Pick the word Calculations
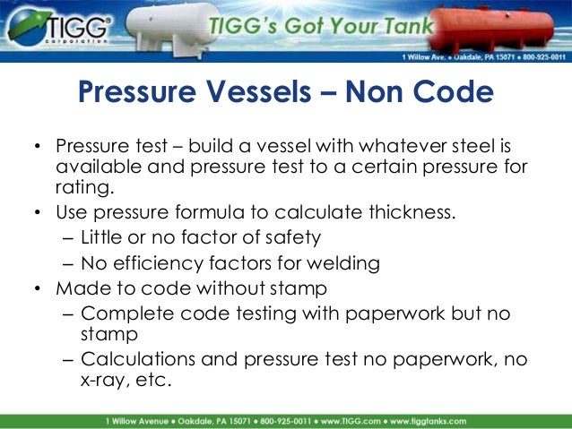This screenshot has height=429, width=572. point(134,359)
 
